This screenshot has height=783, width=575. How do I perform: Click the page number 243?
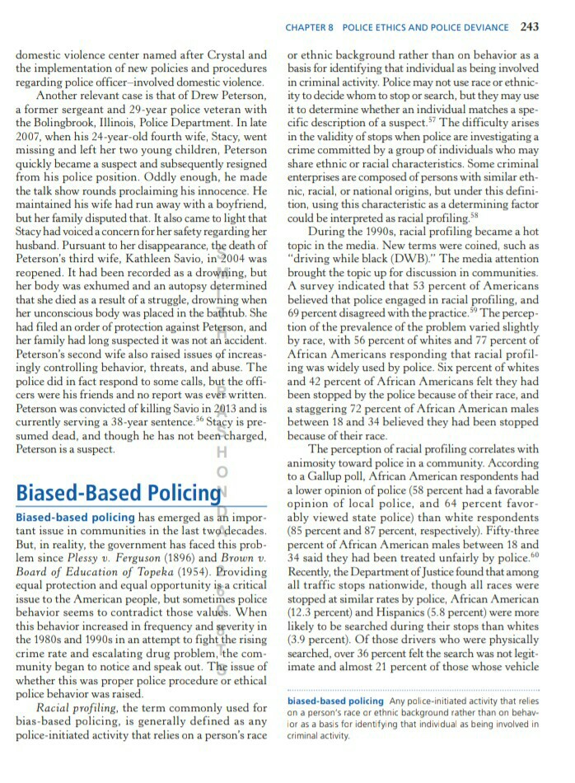click(x=530, y=26)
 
